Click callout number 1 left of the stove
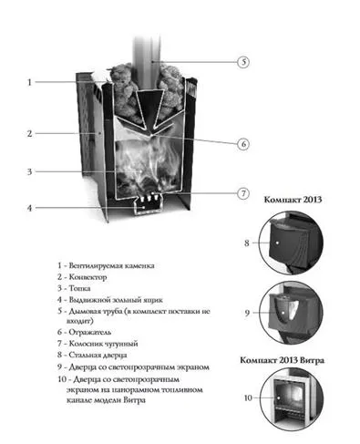(29, 82)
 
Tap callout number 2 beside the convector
(29, 133)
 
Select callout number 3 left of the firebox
(29, 171)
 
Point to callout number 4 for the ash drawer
(29, 208)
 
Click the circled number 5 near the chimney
(243, 62)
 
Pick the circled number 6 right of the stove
(243, 143)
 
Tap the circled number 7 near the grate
(243, 193)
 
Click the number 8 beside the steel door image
(247, 243)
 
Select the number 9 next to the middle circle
(247, 313)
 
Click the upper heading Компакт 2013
(295, 197)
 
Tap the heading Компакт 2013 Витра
(296, 361)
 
